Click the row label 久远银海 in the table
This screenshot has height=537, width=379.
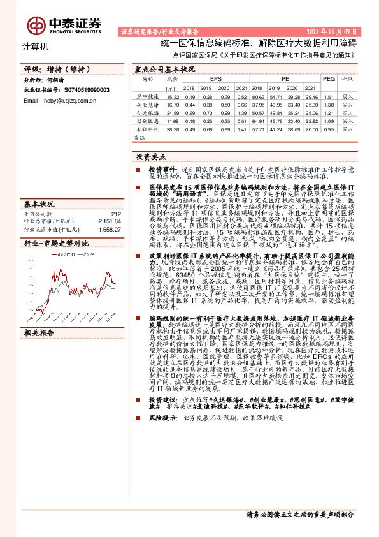[x=148, y=112]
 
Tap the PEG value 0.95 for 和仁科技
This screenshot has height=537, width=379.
[x=329, y=128]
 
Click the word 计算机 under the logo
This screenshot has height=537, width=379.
[x=35, y=47]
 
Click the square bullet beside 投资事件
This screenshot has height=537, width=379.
[x=137, y=172]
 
